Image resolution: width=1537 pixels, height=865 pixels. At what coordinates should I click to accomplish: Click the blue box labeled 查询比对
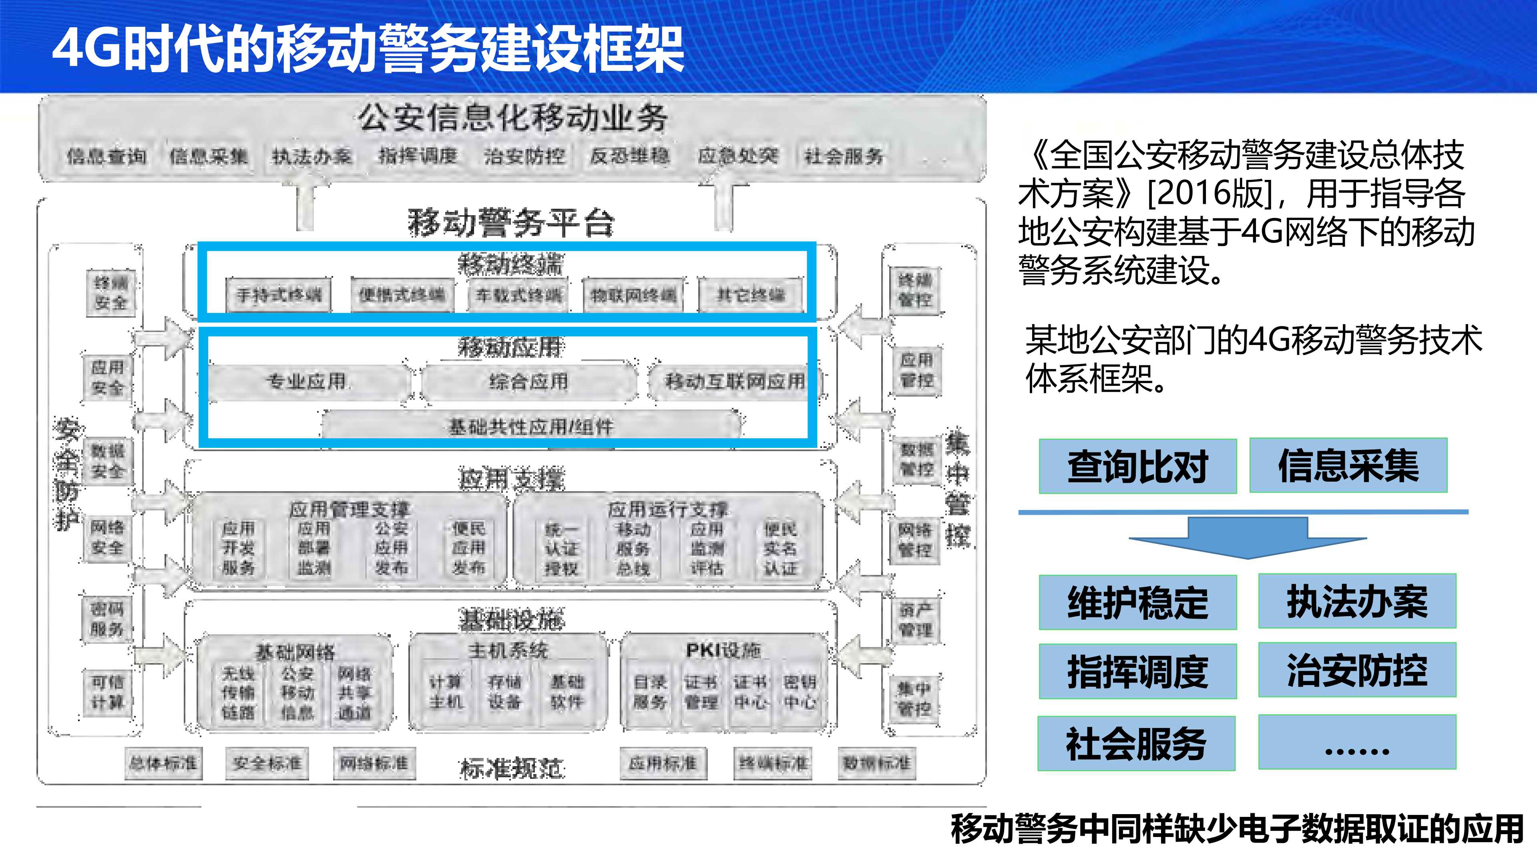pos(1137,466)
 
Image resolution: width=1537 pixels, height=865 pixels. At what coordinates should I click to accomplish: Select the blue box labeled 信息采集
pos(1348,465)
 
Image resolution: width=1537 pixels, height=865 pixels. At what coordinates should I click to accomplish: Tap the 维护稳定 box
pos(1137,602)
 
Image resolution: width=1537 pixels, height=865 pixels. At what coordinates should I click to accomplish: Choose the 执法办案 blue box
pos(1357,601)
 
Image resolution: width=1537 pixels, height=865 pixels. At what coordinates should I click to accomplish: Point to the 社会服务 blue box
pos(1136,743)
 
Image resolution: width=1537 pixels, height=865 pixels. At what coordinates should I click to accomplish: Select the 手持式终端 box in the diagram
pos(279,295)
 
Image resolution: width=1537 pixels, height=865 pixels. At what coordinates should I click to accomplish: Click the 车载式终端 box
pos(518,295)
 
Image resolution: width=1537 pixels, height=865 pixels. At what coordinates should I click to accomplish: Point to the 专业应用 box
pos(307,381)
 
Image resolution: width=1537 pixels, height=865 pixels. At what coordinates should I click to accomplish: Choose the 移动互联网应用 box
pos(735,381)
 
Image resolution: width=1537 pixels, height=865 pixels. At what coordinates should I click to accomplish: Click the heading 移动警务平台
pos(511,223)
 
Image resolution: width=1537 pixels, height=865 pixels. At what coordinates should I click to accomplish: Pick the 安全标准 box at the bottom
pos(267,763)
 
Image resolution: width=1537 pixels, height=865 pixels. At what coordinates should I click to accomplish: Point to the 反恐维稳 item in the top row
pos(629,156)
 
